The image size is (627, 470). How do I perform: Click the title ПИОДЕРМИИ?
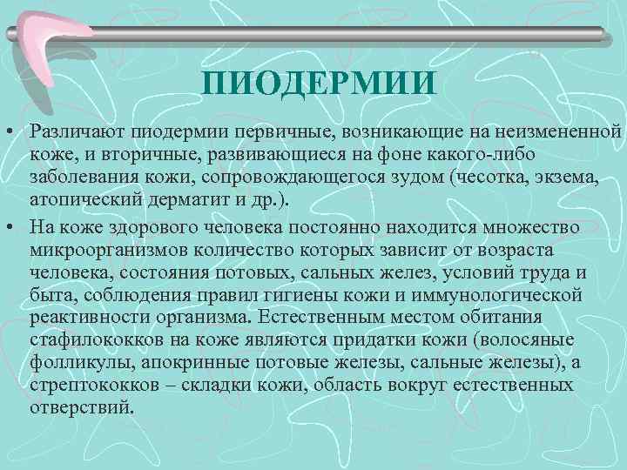pos(317,85)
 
